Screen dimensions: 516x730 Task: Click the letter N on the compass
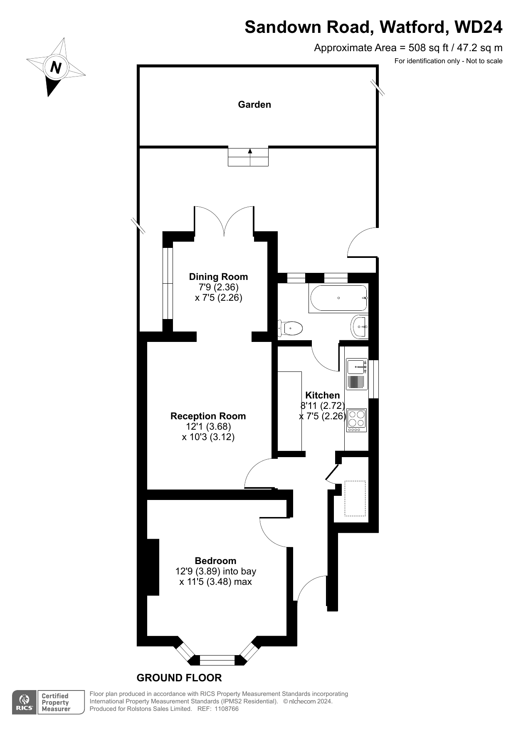point(56,67)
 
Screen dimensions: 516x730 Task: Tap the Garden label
point(254,104)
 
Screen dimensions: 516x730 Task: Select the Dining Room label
point(218,277)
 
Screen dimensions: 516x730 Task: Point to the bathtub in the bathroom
point(338,298)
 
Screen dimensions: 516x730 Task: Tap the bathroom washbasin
point(359,327)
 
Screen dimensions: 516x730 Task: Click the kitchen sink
point(357,374)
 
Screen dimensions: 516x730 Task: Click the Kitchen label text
point(323,395)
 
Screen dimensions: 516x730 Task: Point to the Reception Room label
point(208,416)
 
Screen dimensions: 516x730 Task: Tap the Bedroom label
point(215,561)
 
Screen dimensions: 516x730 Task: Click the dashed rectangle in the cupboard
point(355,498)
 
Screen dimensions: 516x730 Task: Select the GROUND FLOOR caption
point(179,678)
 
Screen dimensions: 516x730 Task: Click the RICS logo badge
point(24,703)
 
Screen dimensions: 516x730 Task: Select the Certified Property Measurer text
point(56,703)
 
